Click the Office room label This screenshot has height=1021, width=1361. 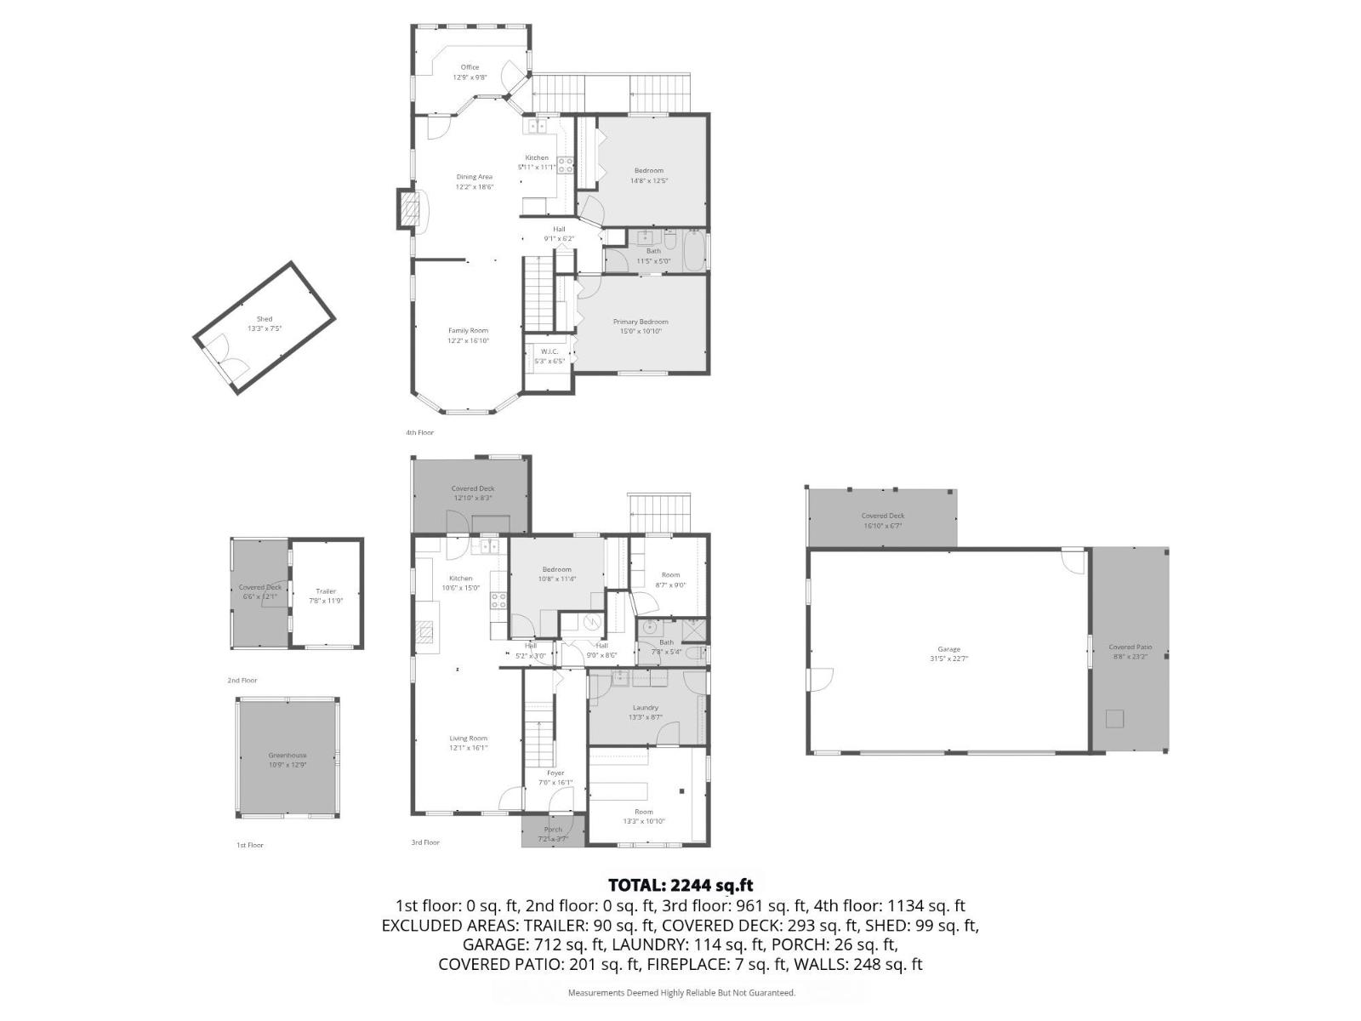click(470, 67)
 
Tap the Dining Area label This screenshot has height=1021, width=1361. click(474, 177)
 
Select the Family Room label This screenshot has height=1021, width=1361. click(468, 331)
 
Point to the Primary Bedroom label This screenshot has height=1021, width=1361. click(641, 322)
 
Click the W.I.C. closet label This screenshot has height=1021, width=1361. click(549, 351)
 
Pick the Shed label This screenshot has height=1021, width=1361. click(265, 319)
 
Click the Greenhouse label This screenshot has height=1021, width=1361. click(288, 756)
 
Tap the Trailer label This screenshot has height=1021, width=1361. click(326, 591)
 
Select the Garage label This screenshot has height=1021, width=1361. click(948, 649)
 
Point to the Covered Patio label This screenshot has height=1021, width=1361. click(1130, 647)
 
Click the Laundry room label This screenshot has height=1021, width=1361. click(645, 708)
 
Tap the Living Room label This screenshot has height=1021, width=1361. click(468, 739)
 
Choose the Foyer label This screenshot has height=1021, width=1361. click(555, 773)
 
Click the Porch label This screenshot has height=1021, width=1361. click(553, 830)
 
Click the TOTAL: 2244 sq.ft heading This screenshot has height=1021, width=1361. click(680, 886)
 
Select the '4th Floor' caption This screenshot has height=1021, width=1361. click(419, 433)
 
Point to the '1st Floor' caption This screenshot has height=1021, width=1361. click(250, 846)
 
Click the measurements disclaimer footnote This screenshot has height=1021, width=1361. click(681, 993)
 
